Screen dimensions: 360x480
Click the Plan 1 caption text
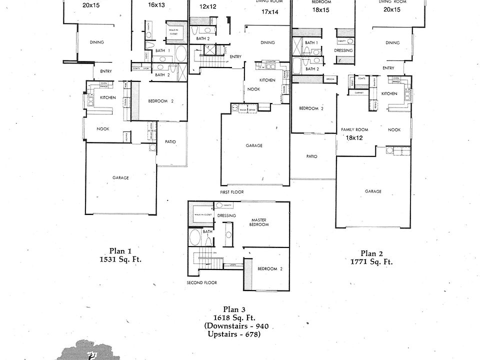(x=120, y=251)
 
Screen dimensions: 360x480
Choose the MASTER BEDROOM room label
(x=259, y=222)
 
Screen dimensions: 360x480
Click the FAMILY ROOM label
(x=354, y=129)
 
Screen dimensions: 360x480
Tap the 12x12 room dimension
(x=207, y=7)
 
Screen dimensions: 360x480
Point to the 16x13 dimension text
(x=157, y=5)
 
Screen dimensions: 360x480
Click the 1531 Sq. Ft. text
(x=120, y=259)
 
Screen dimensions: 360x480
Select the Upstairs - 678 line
(x=232, y=334)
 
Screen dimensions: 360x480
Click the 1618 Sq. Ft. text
(x=233, y=318)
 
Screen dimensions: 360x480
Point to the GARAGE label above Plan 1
(x=120, y=177)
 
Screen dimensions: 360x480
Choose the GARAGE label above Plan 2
(x=373, y=191)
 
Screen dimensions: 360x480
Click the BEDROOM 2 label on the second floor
(x=270, y=269)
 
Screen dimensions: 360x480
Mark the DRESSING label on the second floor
(x=226, y=216)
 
